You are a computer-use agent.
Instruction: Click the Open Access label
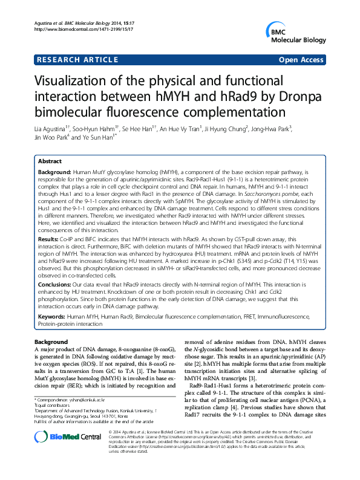pos(301,60)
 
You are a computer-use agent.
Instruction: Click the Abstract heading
pos(50,162)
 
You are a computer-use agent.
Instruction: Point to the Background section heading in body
pos(51,342)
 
